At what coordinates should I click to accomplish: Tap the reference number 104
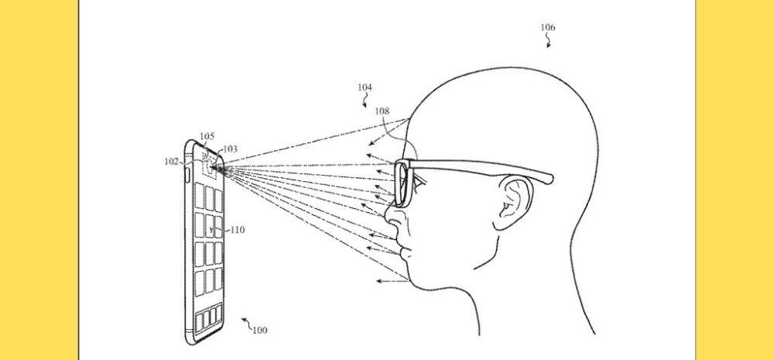365,87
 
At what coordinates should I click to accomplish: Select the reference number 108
382,111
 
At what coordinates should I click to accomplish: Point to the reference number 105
207,137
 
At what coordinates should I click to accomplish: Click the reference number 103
231,149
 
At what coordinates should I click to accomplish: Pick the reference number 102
171,161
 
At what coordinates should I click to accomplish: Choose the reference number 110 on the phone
238,230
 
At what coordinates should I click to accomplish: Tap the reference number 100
260,331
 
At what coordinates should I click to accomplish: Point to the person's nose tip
386,225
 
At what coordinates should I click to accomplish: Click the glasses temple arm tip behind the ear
548,178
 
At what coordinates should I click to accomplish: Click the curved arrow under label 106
549,42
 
